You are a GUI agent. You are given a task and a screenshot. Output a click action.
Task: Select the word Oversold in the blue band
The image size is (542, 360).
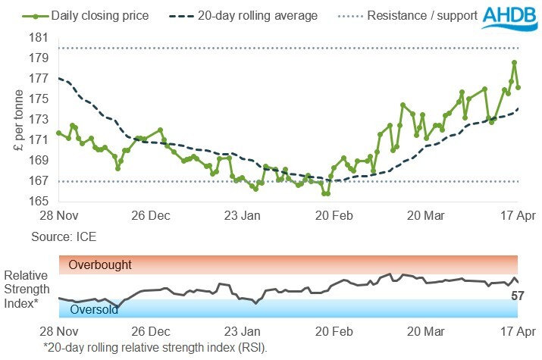(94, 309)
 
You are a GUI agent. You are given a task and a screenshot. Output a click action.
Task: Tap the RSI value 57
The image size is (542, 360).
(518, 296)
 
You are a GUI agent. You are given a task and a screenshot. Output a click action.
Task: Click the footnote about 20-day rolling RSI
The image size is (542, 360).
(155, 347)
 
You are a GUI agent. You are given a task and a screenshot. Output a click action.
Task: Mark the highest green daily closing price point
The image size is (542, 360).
(514, 62)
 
